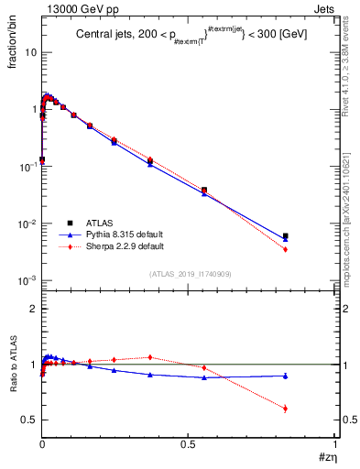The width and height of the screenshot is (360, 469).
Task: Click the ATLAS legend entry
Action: pos(98,223)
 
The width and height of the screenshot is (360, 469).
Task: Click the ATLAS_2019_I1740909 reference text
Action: pos(190,274)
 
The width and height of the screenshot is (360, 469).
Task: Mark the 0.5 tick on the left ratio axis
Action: pos(30,420)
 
